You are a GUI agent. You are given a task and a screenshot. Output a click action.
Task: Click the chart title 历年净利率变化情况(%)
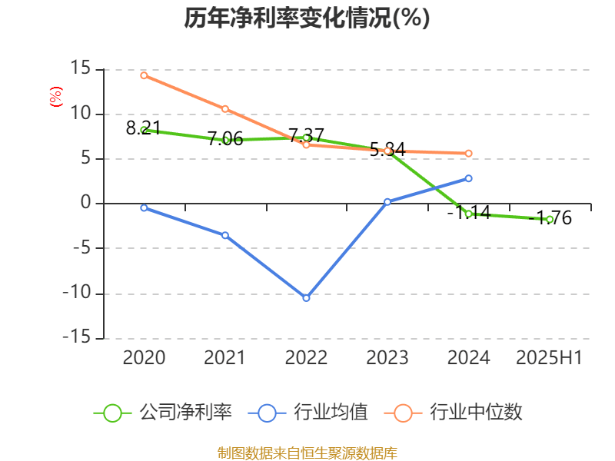tap(307, 18)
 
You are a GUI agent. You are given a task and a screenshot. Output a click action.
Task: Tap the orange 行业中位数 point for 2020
tap(144, 75)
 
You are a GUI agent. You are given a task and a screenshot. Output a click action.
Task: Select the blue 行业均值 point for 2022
tap(306, 297)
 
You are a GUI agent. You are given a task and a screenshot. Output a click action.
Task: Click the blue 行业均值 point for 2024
tap(469, 178)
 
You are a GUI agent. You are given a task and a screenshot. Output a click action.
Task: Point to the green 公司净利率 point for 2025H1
tap(550, 220)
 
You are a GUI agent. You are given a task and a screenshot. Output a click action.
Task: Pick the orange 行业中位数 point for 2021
tap(225, 109)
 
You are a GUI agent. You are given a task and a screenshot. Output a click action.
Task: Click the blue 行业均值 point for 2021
tap(225, 235)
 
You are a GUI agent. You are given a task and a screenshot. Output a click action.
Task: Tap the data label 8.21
tap(143, 128)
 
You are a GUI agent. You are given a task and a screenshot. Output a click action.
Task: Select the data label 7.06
tap(225, 139)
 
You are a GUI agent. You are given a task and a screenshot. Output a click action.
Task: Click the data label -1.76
tap(553, 218)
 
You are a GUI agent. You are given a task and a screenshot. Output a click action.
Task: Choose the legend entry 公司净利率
tap(163, 413)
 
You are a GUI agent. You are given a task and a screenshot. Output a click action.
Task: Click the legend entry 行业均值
tap(308, 413)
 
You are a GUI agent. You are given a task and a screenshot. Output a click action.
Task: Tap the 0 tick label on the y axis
tap(86, 204)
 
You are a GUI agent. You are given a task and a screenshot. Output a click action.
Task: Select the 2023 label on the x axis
tap(387, 358)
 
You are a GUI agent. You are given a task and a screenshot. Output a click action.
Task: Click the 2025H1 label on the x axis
tap(549, 358)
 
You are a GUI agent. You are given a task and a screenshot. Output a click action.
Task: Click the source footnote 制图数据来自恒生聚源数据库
tap(307, 453)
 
